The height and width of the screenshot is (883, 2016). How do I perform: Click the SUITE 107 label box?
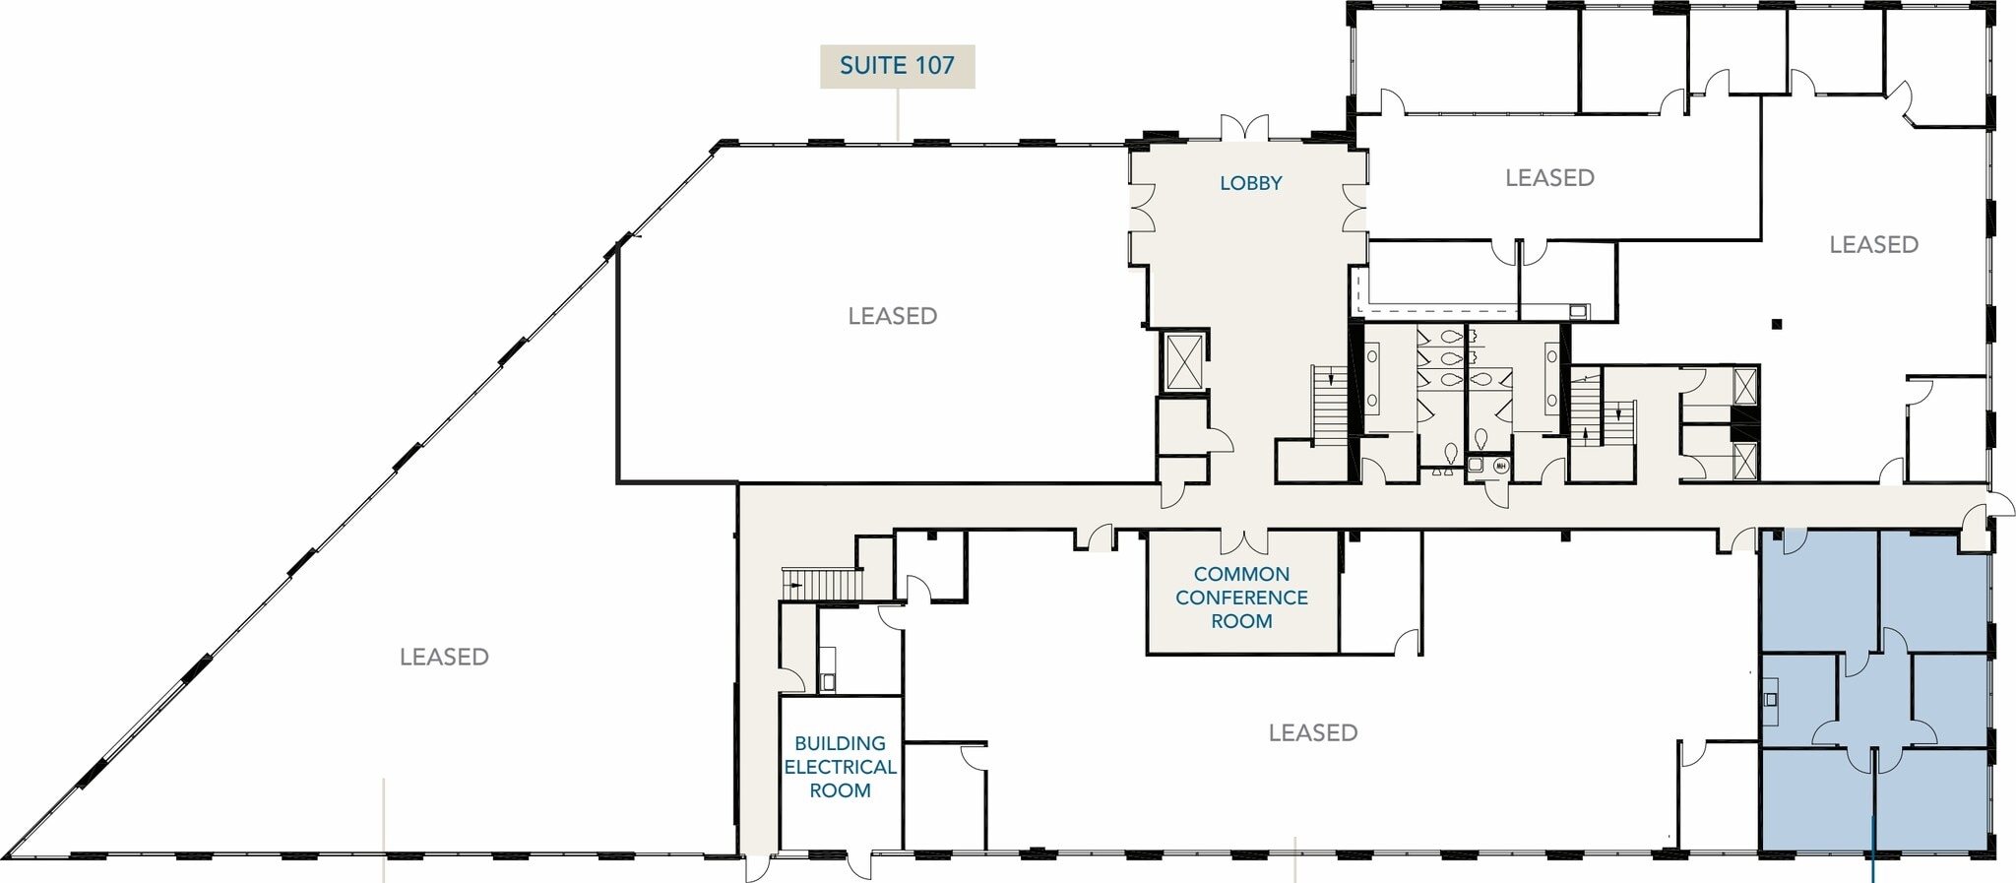[897, 66]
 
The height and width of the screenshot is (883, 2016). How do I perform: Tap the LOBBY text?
[1250, 183]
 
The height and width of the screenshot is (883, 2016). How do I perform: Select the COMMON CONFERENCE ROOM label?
[1241, 598]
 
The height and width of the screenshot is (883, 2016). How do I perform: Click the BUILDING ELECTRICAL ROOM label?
[840, 767]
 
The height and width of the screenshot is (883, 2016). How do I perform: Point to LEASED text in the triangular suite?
[444, 657]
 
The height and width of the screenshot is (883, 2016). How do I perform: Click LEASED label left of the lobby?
[892, 316]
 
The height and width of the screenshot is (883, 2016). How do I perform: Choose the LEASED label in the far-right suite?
[1873, 245]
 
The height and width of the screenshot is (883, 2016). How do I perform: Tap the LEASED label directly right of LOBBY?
[1548, 178]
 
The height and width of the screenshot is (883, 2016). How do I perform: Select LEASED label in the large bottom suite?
[1312, 732]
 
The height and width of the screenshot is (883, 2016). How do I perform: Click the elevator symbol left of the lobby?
[1183, 361]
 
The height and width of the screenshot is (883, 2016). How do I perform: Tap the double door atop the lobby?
[1244, 128]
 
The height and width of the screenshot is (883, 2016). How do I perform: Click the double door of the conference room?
[1244, 541]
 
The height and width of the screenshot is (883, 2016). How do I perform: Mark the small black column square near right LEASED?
[1776, 324]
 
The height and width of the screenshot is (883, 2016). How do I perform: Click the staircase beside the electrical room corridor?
[822, 584]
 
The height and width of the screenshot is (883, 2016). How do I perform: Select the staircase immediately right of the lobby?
[1329, 405]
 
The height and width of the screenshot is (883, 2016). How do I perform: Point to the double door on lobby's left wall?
[1142, 208]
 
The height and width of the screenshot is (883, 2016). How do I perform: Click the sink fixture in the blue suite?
[1770, 700]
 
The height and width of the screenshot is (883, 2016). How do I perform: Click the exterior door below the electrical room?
[859, 866]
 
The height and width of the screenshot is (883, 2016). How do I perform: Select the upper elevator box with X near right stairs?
[1744, 386]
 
